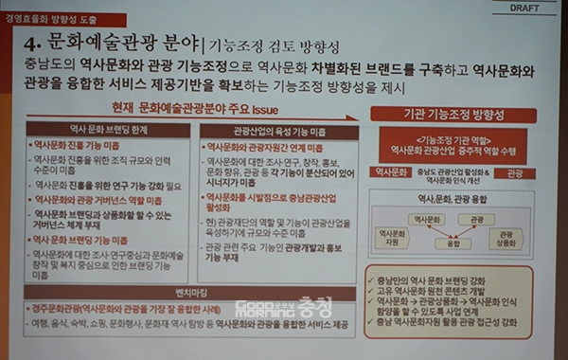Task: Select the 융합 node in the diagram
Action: tap(453, 243)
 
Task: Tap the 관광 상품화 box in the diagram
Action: tap(506, 237)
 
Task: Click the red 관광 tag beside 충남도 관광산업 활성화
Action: tap(515, 174)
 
